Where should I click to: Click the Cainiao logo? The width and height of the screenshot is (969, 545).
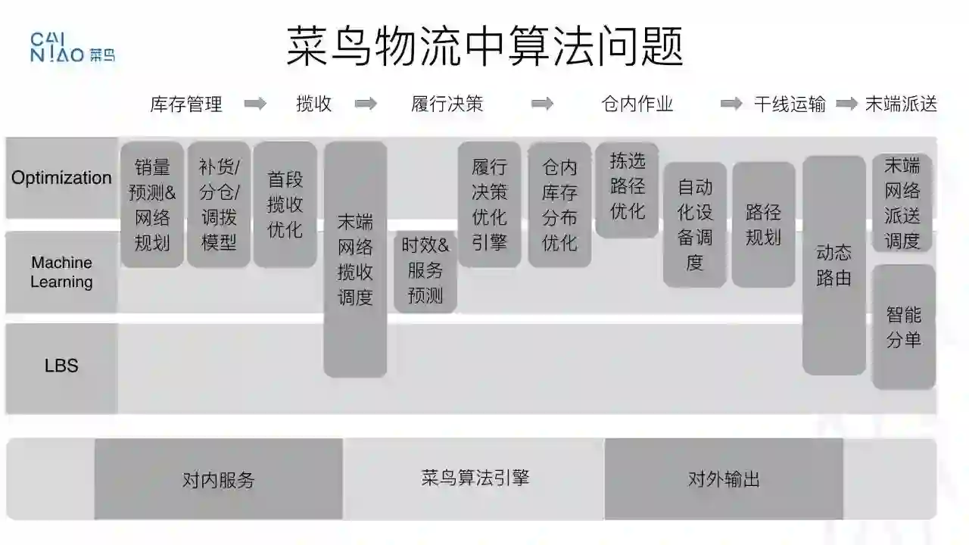pos(72,47)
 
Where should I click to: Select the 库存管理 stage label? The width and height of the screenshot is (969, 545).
pos(186,104)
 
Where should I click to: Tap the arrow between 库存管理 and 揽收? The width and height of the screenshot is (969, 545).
pos(255,104)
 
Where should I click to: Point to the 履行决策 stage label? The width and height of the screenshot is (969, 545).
pos(447,104)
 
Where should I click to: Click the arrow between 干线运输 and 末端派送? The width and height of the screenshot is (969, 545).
pos(846,104)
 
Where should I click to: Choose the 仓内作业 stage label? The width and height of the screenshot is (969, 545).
pos(637,104)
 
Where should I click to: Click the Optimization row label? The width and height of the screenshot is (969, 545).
pos(61,178)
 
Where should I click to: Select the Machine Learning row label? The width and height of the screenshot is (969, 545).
pos(61,272)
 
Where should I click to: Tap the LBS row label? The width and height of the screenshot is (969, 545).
pos(61,366)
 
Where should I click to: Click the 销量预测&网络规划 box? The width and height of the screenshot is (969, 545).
pos(152,204)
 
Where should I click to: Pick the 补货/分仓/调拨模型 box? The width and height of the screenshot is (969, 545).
pos(219,204)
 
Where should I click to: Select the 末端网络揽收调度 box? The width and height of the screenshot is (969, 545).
pos(355,259)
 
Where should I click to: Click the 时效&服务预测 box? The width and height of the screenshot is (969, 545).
pos(425,270)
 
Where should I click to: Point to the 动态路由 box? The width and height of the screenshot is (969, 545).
pos(833,265)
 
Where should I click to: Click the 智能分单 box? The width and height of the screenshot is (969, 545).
pos(903,326)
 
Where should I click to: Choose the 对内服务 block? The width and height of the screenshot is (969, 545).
pos(219,479)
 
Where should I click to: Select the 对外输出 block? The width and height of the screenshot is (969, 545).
pos(724,479)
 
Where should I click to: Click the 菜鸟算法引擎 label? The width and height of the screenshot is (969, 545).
pos(475,478)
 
